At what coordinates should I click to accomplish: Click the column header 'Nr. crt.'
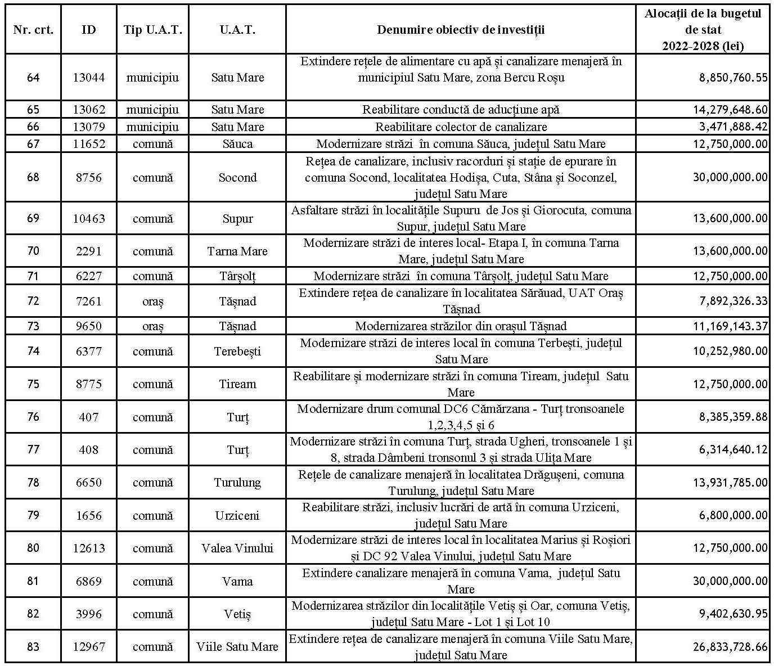pos(33,30)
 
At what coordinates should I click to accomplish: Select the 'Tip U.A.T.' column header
pos(152,30)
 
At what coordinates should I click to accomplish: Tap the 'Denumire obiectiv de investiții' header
pos(461,30)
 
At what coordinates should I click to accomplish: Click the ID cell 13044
pos(89,78)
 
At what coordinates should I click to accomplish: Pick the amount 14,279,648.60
pos(730,110)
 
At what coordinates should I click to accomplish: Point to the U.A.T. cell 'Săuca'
pos(237,144)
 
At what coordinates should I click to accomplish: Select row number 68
pos(33,177)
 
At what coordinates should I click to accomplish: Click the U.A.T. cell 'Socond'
pos(237,178)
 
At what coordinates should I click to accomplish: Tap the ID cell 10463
pos(89,218)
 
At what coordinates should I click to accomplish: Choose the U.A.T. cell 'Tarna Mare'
pos(237,251)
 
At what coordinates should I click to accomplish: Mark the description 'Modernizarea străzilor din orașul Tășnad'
pos(461,326)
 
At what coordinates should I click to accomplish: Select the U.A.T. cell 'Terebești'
pos(237,352)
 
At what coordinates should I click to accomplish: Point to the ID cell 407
pos(89,417)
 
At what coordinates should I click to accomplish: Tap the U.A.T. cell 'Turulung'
pos(237,483)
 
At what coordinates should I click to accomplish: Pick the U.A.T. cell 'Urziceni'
pos(237,516)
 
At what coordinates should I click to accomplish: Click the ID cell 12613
pos(89,548)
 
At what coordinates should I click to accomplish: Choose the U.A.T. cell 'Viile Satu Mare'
pos(237,647)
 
